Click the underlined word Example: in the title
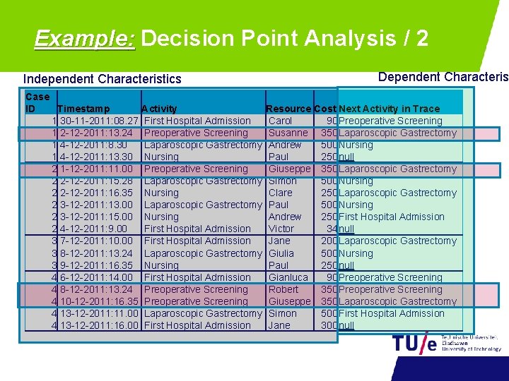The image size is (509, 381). pyautogui.click(x=84, y=37)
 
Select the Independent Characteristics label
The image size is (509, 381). pyautogui.click(x=103, y=79)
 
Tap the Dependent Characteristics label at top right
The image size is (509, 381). pyautogui.click(x=443, y=77)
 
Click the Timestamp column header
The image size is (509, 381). pyautogui.click(x=83, y=109)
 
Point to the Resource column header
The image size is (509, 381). pyautogui.click(x=288, y=109)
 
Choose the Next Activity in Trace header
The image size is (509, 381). pyautogui.click(x=390, y=109)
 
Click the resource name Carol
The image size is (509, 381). pyautogui.click(x=281, y=121)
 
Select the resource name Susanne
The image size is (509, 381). pyautogui.click(x=288, y=133)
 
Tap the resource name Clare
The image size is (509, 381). pyautogui.click(x=281, y=193)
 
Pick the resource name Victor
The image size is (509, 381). pyautogui.click(x=281, y=229)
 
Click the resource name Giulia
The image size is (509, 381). pyautogui.click(x=281, y=253)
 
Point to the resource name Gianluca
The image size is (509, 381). pyautogui.click(x=288, y=277)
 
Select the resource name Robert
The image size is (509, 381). pyautogui.click(x=283, y=289)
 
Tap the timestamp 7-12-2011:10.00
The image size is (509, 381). pyautogui.click(x=96, y=241)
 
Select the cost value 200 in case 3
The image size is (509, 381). pyautogui.click(x=328, y=241)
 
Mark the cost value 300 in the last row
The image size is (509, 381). pyautogui.click(x=328, y=325)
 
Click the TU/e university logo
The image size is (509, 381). pyautogui.click(x=445, y=343)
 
